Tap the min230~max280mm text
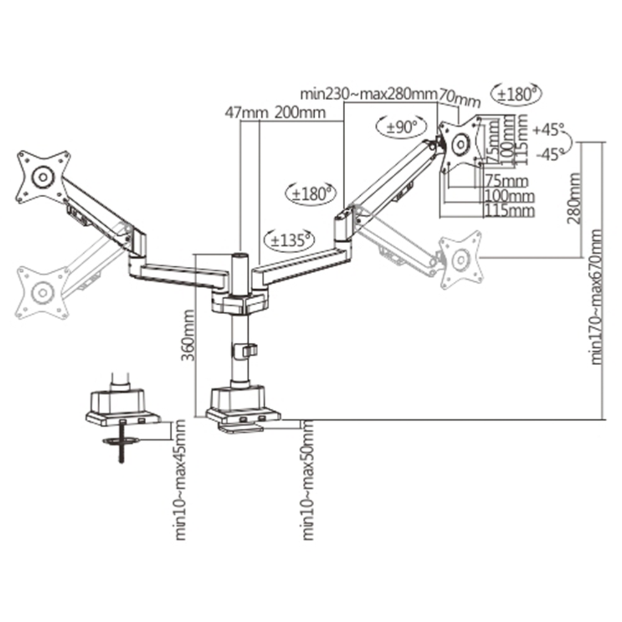368,95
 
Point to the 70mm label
460,98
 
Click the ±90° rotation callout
402,127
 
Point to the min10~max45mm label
180,480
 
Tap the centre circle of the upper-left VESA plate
42,176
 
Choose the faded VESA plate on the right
461,260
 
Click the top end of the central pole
239,255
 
